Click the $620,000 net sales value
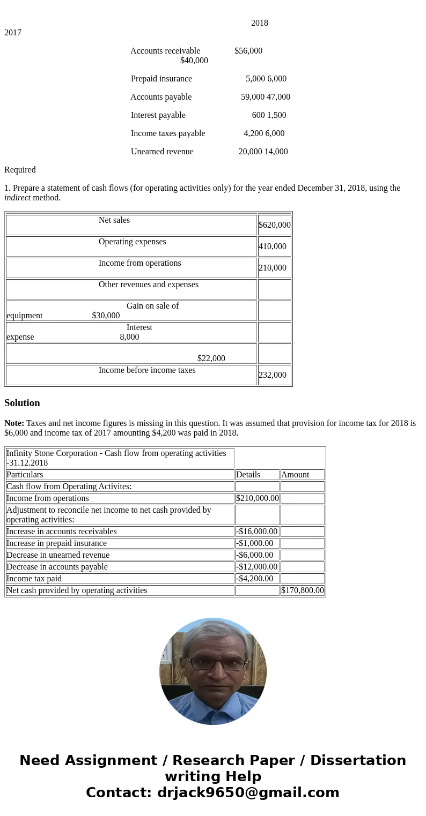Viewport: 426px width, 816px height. point(274,225)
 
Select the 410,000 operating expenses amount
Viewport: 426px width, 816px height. point(273,246)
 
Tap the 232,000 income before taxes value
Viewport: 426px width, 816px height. point(273,375)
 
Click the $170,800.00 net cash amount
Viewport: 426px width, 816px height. point(302,590)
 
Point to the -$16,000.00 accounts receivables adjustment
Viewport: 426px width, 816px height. point(257,531)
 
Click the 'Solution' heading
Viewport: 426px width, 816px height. point(22,403)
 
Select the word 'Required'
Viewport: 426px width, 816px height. point(20,170)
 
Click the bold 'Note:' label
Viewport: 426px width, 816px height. point(14,423)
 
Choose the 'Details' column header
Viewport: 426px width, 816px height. point(248,475)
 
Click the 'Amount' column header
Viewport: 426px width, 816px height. point(295,475)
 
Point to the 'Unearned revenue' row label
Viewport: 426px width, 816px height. point(162,152)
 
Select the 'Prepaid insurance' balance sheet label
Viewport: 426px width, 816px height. point(161,79)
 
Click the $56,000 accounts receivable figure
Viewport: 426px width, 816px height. point(248,51)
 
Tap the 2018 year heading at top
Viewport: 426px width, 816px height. point(260,23)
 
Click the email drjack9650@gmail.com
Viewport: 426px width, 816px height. point(248,792)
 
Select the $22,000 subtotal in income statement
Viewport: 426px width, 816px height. point(211,358)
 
